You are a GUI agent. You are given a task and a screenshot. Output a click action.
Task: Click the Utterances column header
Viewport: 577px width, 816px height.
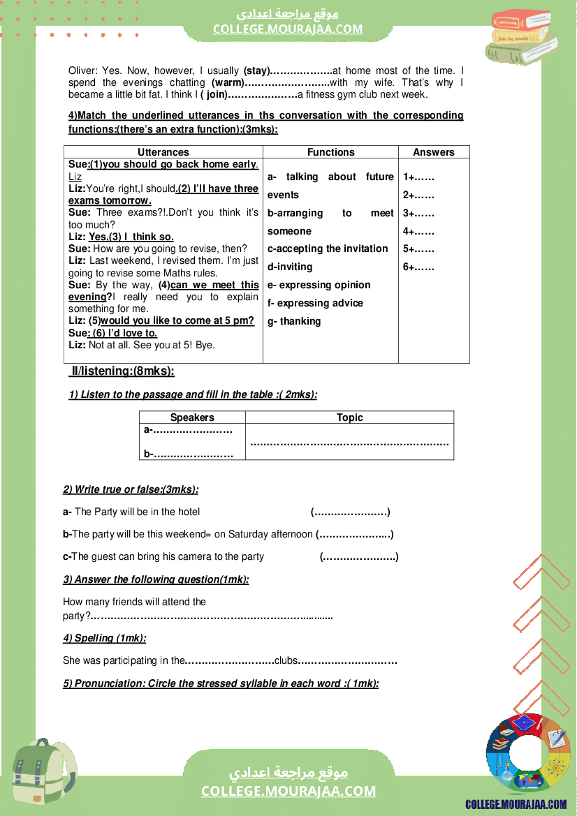tap(163, 152)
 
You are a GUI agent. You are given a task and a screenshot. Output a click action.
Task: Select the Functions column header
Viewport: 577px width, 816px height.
tap(330, 152)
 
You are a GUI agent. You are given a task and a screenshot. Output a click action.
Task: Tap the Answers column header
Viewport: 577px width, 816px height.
tap(433, 152)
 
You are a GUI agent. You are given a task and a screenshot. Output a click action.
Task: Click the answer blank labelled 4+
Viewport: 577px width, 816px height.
tap(418, 232)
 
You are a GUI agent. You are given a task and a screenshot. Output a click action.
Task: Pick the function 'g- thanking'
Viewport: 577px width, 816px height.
tap(294, 321)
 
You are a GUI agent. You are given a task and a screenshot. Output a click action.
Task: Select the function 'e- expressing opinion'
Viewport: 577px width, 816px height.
tap(319, 285)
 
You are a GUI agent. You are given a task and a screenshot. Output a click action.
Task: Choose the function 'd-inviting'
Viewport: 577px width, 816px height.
tap(290, 267)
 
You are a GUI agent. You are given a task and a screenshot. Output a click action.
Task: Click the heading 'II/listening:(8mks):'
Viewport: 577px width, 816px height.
tap(123, 371)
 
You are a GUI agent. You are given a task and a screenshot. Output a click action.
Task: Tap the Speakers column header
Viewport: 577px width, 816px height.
tap(192, 417)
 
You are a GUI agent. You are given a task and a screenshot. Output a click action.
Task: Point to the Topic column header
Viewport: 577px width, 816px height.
tap(349, 417)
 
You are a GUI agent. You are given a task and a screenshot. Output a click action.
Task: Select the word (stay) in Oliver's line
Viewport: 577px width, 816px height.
tap(256, 71)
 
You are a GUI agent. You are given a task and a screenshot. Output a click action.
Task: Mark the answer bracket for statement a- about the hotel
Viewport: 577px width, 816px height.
tap(350, 512)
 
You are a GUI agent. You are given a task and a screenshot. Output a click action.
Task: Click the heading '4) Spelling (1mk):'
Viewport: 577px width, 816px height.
tap(105, 638)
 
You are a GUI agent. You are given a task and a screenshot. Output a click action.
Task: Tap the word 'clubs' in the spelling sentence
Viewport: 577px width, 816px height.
tap(286, 660)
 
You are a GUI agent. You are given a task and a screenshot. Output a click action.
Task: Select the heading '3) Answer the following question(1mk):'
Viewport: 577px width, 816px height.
tap(156, 579)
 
